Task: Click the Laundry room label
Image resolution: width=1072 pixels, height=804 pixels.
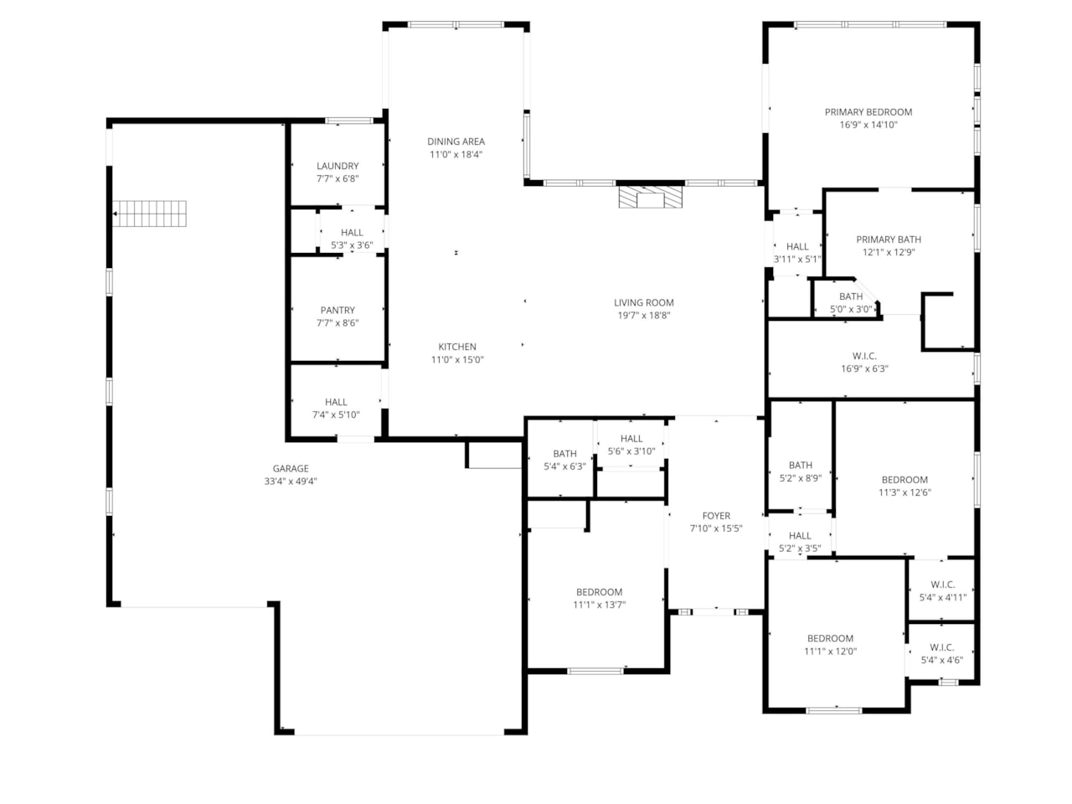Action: pyautogui.click(x=338, y=166)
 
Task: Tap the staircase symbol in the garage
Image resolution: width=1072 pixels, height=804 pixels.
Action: pyautogui.click(x=150, y=214)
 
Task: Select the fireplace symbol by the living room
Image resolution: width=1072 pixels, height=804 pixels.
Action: pyautogui.click(x=650, y=197)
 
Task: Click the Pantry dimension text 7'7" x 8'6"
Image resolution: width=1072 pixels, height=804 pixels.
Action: pyautogui.click(x=338, y=322)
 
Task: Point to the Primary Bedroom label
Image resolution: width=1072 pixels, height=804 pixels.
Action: pyautogui.click(x=868, y=112)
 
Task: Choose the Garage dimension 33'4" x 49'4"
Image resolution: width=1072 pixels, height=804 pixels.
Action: pyautogui.click(x=291, y=482)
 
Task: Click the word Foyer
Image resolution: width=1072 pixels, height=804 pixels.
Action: pyautogui.click(x=716, y=516)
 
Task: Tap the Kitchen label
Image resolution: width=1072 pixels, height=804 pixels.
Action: pyautogui.click(x=457, y=347)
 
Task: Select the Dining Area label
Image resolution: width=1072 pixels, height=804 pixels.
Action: pyautogui.click(x=456, y=142)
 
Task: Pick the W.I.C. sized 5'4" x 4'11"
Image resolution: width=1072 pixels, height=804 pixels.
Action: pyautogui.click(x=942, y=585)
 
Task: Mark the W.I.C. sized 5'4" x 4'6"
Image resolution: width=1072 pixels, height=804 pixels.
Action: pyautogui.click(x=941, y=647)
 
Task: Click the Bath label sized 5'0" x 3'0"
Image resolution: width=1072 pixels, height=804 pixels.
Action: pyautogui.click(x=851, y=296)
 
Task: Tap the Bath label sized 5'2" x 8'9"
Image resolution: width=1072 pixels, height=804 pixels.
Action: pyautogui.click(x=800, y=466)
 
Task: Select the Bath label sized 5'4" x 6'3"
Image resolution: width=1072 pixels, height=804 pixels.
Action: pyautogui.click(x=564, y=454)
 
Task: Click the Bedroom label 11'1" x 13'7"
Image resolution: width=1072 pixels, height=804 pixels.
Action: pyautogui.click(x=599, y=592)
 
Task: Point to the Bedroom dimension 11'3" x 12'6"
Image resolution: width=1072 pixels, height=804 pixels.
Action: pyautogui.click(x=904, y=492)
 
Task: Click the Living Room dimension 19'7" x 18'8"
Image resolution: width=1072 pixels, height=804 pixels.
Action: pyautogui.click(x=643, y=316)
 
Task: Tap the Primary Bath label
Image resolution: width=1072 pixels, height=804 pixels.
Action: pyautogui.click(x=888, y=240)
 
